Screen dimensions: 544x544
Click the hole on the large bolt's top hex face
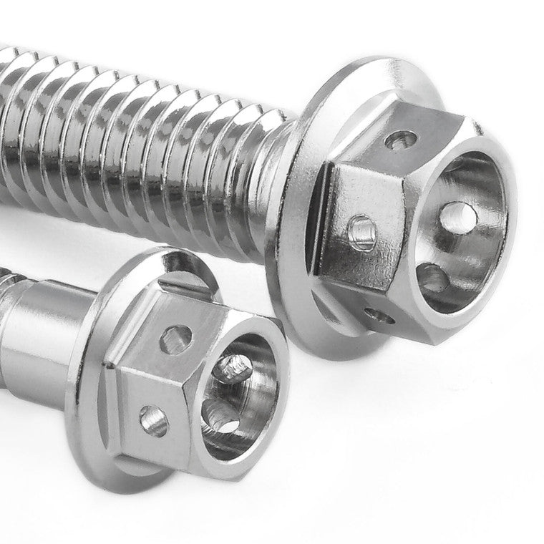[x=402, y=140]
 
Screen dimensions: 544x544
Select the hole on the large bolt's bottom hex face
[x=374, y=314]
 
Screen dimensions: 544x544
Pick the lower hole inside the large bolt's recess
[x=432, y=278]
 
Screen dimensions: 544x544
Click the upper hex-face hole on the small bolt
[x=176, y=339]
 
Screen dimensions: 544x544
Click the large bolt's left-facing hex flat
[x=358, y=215]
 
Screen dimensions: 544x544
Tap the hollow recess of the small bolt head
[x=236, y=401]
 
